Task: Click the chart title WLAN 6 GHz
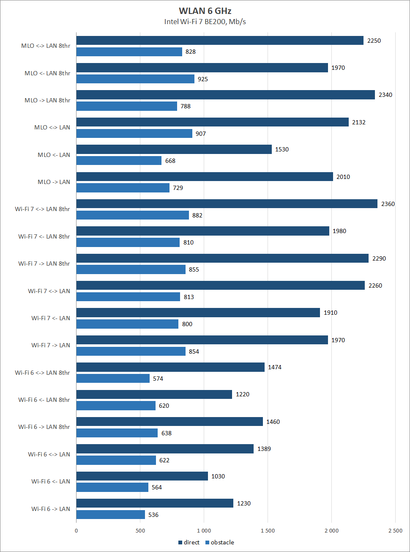tap(205, 11)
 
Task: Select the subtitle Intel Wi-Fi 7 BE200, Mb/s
tap(205, 22)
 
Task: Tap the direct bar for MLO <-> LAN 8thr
tap(220, 41)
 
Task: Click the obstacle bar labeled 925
tap(135, 79)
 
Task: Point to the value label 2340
tap(385, 95)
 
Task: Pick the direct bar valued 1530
tap(174, 149)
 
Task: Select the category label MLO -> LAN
tap(54, 182)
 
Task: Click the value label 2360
tap(388, 204)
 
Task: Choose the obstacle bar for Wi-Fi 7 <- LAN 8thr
tap(128, 242)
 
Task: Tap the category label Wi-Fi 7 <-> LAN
tap(49, 291)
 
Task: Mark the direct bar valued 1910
tap(198, 313)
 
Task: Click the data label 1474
tap(274, 367)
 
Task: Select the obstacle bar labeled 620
tap(116, 406)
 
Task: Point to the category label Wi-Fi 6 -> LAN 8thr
tap(44, 427)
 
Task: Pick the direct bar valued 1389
tap(165, 449)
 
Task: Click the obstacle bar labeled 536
tap(110, 515)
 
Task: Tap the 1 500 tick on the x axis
tap(267, 531)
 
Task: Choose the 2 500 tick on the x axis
tap(395, 531)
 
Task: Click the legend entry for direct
tap(189, 542)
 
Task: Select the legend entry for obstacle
tap(220, 542)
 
